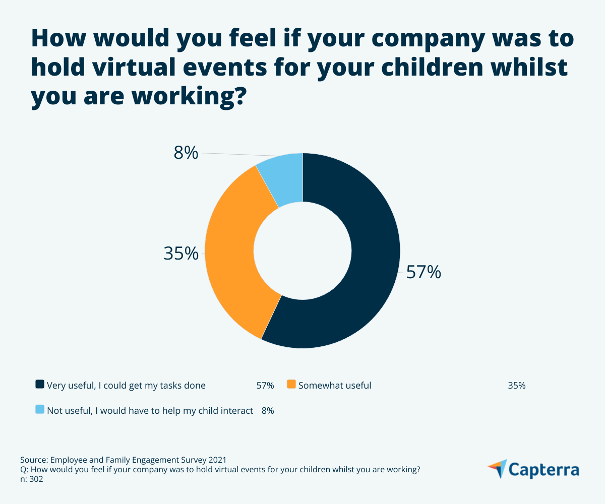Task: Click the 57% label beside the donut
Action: click(423, 272)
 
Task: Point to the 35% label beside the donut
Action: click(181, 254)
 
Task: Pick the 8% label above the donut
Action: click(186, 153)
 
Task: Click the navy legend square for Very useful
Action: click(40, 385)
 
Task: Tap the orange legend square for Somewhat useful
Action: click(291, 385)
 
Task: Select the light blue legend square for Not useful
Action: click(40, 410)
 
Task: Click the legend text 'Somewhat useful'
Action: click(335, 386)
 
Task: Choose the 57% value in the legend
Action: click(265, 386)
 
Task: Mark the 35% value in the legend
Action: click(517, 386)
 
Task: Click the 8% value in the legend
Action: click(268, 411)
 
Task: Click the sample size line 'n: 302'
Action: click(31, 479)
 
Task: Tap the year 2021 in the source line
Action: click(217, 460)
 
